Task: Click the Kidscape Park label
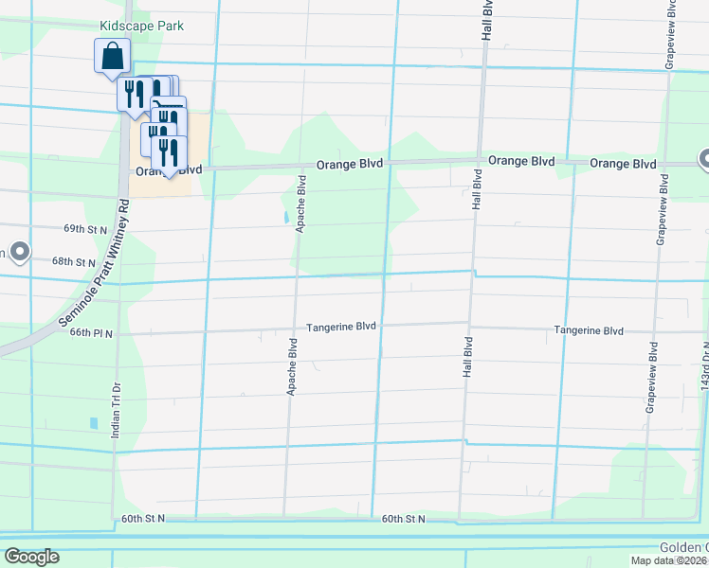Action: point(142,27)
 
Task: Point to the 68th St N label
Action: point(75,261)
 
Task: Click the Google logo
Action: point(32,557)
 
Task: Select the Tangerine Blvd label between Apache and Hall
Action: point(340,327)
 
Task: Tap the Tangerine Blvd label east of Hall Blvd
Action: point(589,330)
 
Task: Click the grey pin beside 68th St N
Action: point(18,253)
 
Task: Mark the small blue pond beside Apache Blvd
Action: point(286,217)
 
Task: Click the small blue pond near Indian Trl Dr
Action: point(93,423)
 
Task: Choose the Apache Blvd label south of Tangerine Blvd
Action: point(292,363)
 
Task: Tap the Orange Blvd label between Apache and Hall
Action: point(350,164)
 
